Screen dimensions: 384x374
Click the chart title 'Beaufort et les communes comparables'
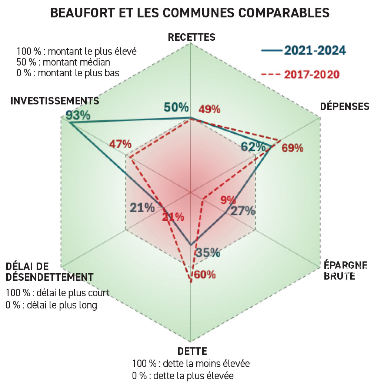point(190,13)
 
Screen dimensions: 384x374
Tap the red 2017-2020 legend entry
point(300,74)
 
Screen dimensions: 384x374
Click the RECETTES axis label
point(191,37)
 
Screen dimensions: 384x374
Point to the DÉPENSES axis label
point(344,107)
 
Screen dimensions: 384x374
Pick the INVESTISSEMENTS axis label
point(55,101)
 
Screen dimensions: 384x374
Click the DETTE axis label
point(192,351)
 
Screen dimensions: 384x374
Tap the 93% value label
point(78,115)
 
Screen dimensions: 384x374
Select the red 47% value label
point(120,144)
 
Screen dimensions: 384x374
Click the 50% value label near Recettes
point(176,107)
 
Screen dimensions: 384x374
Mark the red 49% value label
point(209,110)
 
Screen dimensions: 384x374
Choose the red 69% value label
point(292,148)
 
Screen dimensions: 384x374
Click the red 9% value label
point(228,200)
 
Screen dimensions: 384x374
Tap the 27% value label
point(243,211)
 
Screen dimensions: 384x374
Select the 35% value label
point(208,253)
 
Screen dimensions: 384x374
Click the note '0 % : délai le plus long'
point(51,305)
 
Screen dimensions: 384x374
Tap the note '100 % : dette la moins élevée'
point(191,364)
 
